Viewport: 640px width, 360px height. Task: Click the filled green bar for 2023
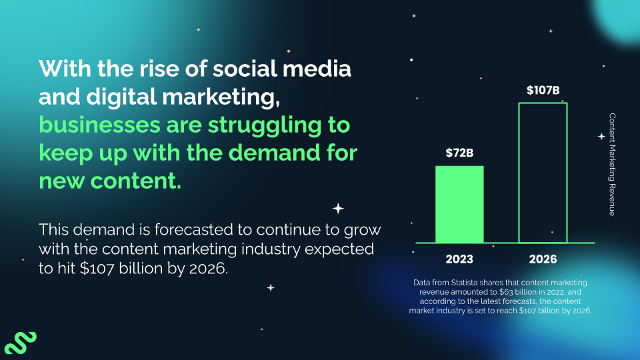pos(459,204)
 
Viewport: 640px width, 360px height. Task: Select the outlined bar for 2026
pos(543,173)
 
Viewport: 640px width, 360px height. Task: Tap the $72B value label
pos(459,153)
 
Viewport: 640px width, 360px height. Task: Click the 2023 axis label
pos(459,259)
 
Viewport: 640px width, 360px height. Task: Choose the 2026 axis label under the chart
pos(543,259)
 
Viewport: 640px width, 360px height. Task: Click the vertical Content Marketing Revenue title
pos(612,164)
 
